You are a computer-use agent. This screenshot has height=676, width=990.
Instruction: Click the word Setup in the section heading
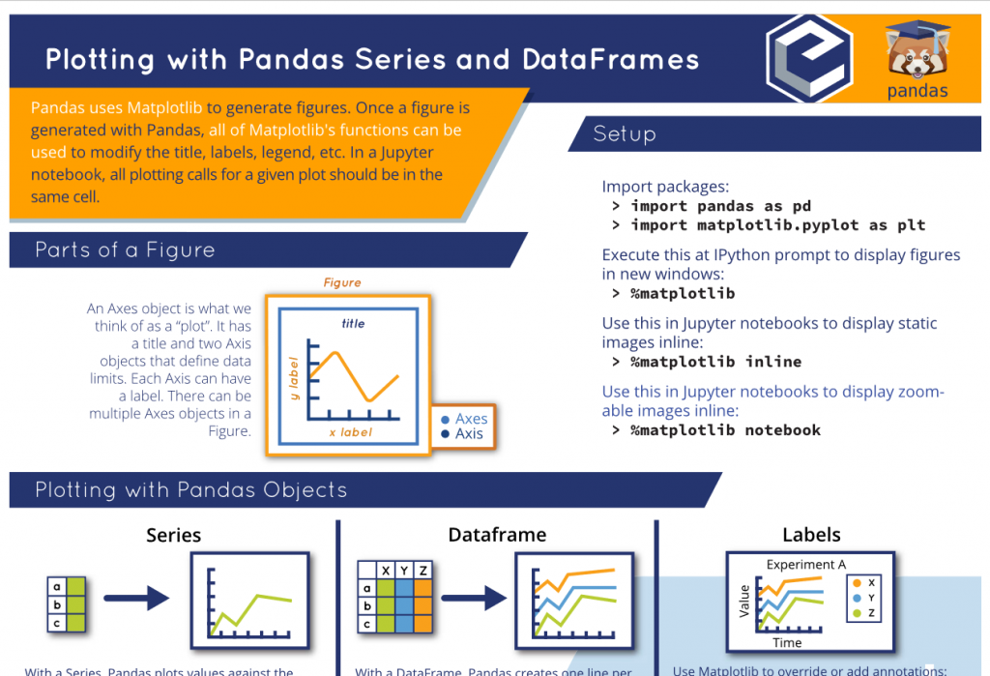(x=625, y=133)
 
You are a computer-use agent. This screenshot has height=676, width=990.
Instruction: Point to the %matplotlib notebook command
(x=725, y=430)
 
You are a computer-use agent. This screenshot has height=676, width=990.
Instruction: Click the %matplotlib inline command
(x=715, y=362)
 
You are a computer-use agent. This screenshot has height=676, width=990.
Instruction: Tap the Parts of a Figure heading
(x=125, y=250)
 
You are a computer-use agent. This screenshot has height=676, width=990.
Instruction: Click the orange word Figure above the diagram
(x=342, y=283)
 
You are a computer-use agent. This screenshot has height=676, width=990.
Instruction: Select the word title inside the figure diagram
(x=353, y=324)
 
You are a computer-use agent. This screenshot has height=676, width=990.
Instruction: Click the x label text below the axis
(x=350, y=432)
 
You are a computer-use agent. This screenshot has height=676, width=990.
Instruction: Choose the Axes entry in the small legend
(x=471, y=419)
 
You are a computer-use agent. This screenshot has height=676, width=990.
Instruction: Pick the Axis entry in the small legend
(x=469, y=434)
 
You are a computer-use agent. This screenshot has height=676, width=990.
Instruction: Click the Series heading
(x=174, y=535)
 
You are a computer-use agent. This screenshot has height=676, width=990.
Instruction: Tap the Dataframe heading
(x=497, y=535)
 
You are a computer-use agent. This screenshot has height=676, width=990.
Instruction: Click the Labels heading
(x=811, y=535)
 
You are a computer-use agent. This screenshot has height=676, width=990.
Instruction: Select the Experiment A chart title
(x=806, y=565)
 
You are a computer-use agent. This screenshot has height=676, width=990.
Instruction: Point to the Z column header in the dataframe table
(x=422, y=571)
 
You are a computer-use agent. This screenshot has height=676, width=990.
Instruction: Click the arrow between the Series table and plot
(x=136, y=601)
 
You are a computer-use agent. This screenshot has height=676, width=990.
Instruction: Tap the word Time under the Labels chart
(x=787, y=643)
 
